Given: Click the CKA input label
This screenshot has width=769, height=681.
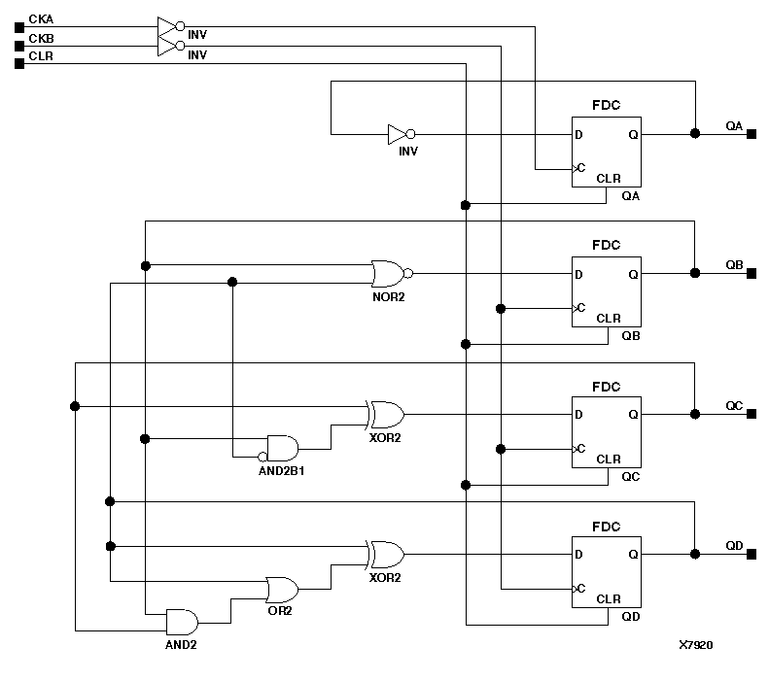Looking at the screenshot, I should click(x=41, y=18).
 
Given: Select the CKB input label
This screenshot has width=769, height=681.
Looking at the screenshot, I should click(x=41, y=37).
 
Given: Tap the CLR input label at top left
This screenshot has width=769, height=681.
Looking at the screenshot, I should click(x=41, y=55).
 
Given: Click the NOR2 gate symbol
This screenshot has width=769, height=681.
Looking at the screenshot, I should click(x=390, y=272).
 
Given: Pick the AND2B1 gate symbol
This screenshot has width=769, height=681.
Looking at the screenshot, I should click(x=283, y=448).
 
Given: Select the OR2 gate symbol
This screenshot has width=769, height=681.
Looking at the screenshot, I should click(x=283, y=589).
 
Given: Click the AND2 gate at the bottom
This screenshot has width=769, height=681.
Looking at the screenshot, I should click(x=182, y=622).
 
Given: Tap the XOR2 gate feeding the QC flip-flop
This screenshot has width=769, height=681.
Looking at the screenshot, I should click(x=385, y=414).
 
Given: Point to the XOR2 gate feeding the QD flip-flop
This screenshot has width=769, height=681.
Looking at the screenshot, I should click(x=385, y=555).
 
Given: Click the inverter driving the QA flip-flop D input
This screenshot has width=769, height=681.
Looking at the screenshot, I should click(x=401, y=134).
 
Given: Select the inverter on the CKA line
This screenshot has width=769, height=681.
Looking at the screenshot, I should click(x=170, y=26).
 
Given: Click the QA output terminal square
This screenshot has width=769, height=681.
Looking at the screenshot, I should click(x=752, y=134).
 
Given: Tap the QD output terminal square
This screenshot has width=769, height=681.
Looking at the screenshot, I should click(x=752, y=555).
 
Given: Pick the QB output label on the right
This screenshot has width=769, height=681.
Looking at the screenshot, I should click(x=734, y=264).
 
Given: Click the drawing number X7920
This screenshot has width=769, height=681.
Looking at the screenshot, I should click(x=696, y=644).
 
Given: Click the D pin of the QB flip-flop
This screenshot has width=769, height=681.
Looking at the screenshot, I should click(x=579, y=275).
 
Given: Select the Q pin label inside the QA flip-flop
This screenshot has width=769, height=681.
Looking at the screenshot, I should click(x=633, y=135).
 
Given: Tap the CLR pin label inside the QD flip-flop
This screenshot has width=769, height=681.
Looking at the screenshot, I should click(x=608, y=598).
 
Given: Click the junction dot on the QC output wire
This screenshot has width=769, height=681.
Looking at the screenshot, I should click(x=694, y=414).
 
